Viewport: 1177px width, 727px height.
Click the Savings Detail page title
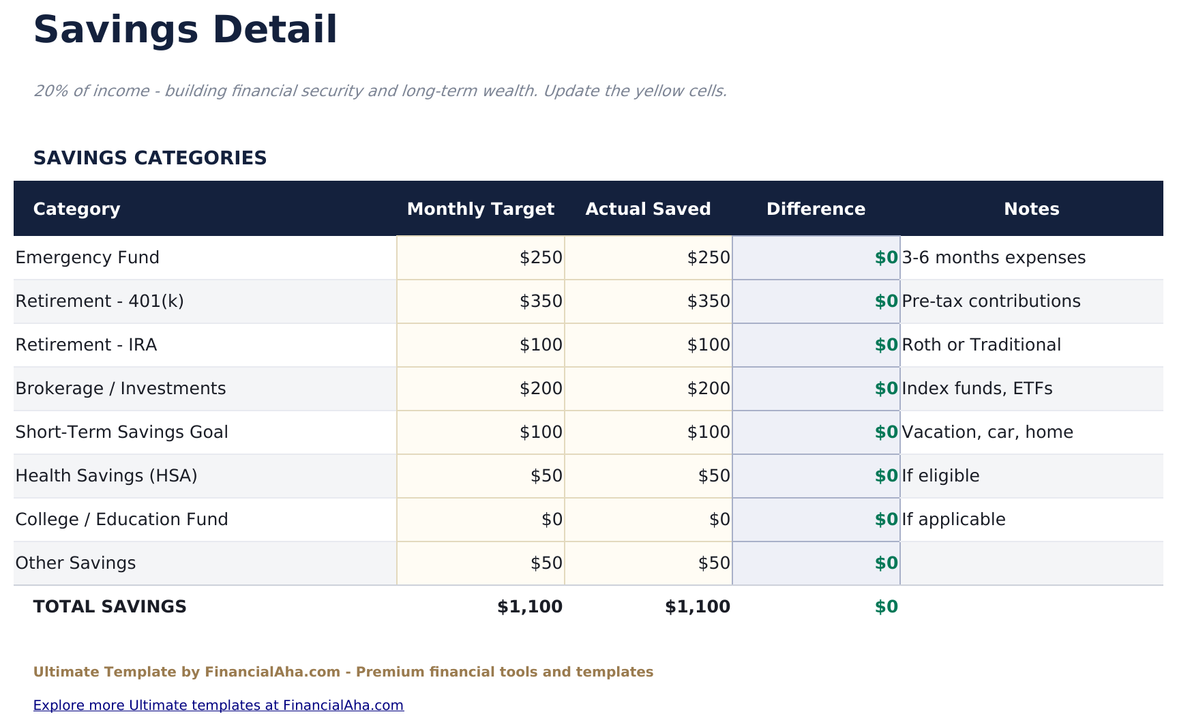pos(185,31)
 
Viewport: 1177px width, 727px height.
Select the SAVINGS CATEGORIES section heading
pos(150,158)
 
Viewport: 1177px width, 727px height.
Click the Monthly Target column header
pos(480,209)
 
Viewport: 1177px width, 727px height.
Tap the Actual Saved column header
pos(648,209)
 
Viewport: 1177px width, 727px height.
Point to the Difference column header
pos(816,209)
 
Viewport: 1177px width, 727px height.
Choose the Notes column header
pos(1031,209)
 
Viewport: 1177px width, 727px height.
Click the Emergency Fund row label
pos(87,258)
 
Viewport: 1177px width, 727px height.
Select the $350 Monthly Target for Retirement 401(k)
pos(541,301)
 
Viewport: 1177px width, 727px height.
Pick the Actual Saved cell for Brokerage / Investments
pos(709,389)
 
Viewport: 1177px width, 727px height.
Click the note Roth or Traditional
pos(981,345)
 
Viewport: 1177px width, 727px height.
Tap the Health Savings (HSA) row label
pos(106,476)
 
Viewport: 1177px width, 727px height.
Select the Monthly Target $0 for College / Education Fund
pos(552,520)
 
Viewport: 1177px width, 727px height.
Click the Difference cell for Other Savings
pos(886,563)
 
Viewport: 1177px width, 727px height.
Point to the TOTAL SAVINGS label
pos(110,607)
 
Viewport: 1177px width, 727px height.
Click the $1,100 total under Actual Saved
pos(697,607)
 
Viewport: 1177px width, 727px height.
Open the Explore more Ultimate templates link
pos(218,705)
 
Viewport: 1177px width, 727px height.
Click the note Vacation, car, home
pos(987,432)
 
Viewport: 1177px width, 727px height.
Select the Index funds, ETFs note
pos(977,389)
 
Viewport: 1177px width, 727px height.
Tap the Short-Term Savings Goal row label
pos(121,432)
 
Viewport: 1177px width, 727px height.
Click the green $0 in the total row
pos(886,607)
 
